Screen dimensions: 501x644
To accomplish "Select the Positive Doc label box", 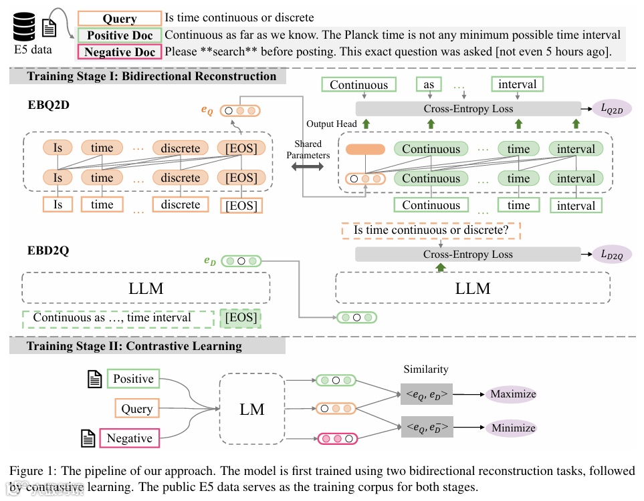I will pyautogui.click(x=120, y=35).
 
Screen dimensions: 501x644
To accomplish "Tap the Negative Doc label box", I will pyautogui.click(x=120, y=52).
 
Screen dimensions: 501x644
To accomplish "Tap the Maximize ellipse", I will pyautogui.click(x=513, y=393).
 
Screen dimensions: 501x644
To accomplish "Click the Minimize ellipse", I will pyautogui.click(x=513, y=428).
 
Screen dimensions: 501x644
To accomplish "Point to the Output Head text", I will pyautogui.click(x=332, y=124).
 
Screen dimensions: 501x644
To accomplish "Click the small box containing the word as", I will pyautogui.click(x=429, y=85).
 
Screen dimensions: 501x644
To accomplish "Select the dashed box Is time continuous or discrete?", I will pyautogui.click(x=431, y=230).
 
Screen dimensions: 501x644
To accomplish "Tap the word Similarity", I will pyautogui.click(x=426, y=369).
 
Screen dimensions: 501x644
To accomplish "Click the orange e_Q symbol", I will pyautogui.click(x=207, y=112).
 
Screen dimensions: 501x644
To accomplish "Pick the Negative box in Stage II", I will pyautogui.click(x=129, y=438).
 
